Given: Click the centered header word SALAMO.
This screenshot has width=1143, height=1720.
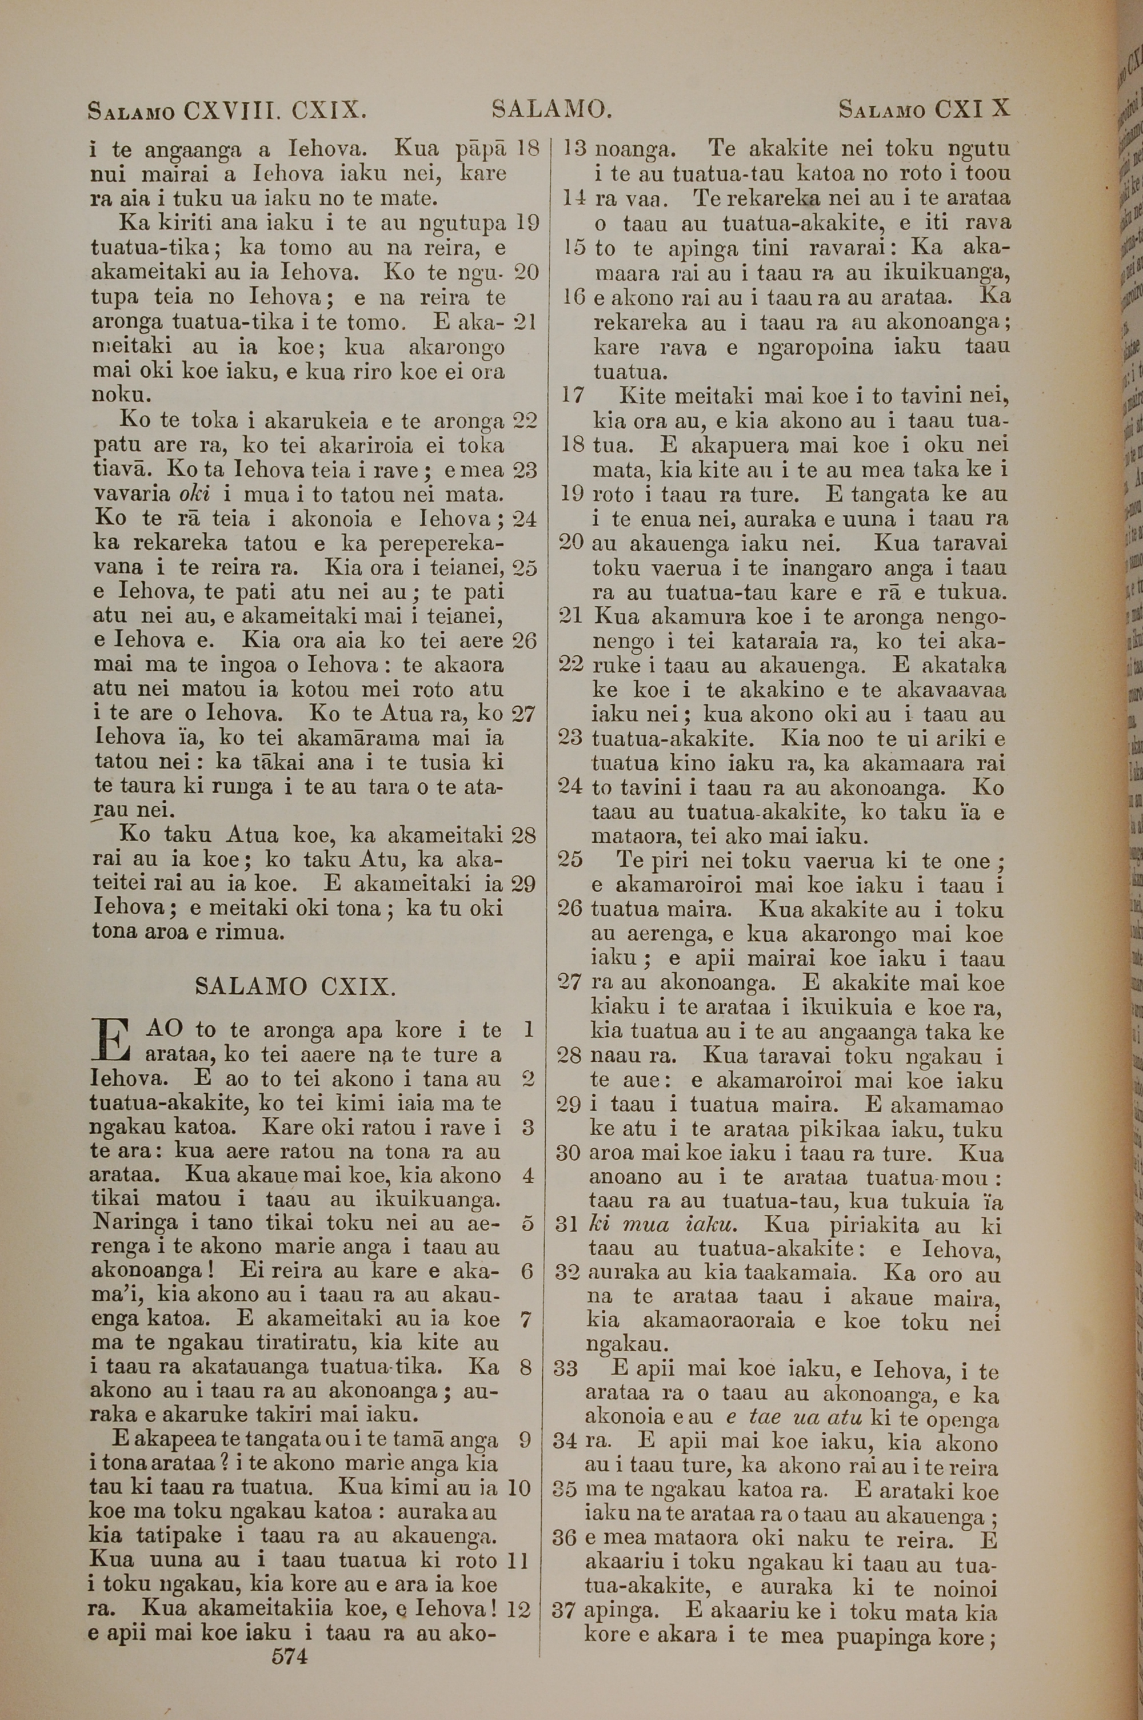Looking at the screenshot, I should click(551, 110).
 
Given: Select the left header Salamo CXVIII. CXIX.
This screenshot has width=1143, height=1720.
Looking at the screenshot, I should click(225, 111).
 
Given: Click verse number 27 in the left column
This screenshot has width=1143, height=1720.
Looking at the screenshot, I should click(524, 712).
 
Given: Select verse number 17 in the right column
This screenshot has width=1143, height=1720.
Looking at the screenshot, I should click(573, 396).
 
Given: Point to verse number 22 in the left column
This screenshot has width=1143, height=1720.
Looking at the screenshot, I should click(525, 421).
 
